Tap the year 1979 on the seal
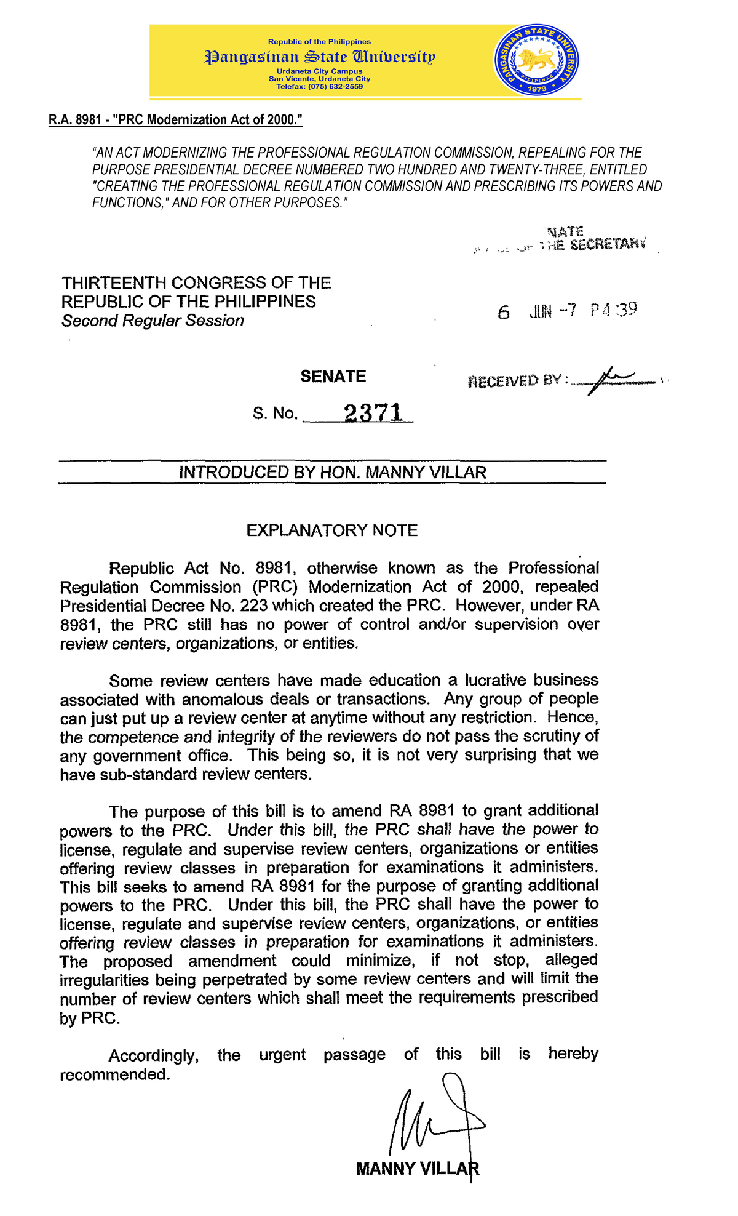click(536, 89)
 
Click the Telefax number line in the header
click(319, 86)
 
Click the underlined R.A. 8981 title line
click(175, 119)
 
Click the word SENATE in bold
click(333, 376)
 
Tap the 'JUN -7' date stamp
click(552, 311)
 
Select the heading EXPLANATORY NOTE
click(332, 530)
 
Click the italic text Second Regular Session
click(153, 321)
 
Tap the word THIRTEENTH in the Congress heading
click(114, 283)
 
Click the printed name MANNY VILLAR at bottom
click(416, 1168)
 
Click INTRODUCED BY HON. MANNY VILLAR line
click(332, 473)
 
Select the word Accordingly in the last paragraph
click(153, 1056)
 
